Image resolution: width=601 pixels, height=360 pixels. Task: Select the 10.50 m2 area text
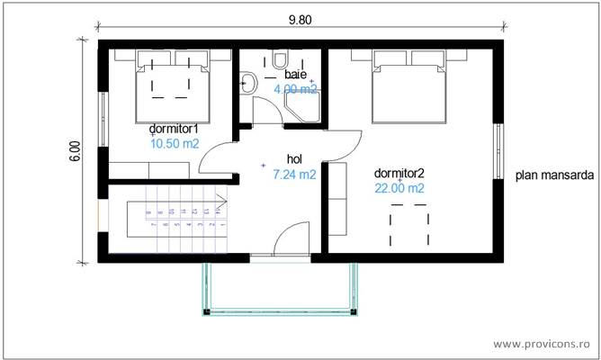175,143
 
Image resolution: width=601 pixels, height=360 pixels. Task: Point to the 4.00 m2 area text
295,89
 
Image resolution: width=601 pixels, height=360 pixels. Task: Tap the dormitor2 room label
399,173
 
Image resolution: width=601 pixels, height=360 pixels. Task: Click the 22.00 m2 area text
399,188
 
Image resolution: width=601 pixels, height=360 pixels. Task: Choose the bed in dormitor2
409,86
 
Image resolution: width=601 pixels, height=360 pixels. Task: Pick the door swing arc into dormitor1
216,157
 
